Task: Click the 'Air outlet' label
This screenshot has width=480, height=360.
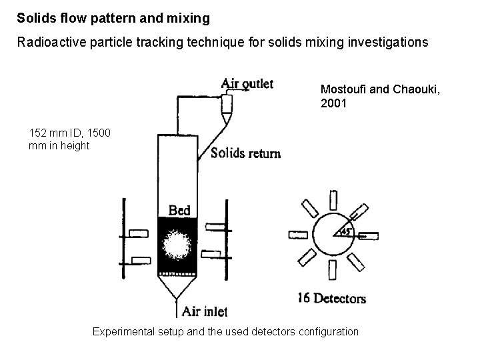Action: (247, 83)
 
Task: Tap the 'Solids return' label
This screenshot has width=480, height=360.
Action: (245, 153)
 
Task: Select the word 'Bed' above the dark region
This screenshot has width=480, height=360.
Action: (179, 211)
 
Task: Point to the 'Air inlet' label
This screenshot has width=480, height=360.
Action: (205, 311)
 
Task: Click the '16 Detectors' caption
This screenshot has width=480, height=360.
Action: (331, 298)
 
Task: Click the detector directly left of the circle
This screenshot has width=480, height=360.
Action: (301, 235)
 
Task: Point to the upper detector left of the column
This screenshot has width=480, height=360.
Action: (139, 233)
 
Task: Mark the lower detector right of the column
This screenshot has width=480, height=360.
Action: (211, 253)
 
